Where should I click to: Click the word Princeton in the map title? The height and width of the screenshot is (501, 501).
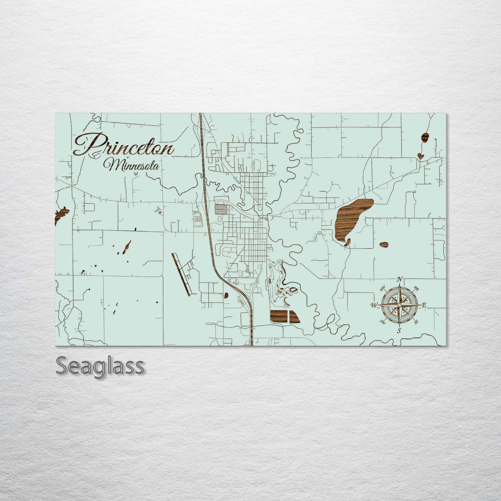click(124, 145)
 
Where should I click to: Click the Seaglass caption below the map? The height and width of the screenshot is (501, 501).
click(100, 366)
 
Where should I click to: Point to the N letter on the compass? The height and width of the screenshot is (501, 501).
click(400, 279)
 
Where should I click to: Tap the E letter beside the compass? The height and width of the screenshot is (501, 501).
click(424, 305)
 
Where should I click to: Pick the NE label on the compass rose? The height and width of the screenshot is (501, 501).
click(417, 288)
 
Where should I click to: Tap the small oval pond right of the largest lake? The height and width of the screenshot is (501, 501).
click(384, 245)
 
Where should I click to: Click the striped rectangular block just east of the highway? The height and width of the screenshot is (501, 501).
click(221, 209)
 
